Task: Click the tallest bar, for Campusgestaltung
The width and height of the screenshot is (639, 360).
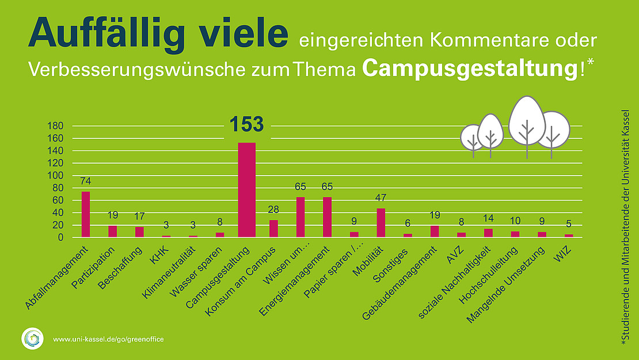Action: point(246,190)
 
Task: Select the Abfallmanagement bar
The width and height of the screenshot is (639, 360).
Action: point(86,214)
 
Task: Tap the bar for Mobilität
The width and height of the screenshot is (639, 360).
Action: point(381,222)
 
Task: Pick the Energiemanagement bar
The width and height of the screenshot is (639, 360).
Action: point(327,217)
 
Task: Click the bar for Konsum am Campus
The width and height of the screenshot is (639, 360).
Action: point(273,228)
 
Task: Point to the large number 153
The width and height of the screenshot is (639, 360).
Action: point(246,124)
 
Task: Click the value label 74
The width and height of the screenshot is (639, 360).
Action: point(86,181)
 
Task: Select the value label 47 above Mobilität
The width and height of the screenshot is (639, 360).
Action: point(381,198)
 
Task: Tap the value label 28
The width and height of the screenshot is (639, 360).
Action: point(273,210)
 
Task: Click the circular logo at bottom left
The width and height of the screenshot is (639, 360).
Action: point(32,339)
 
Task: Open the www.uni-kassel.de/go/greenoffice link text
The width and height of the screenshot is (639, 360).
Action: point(108,339)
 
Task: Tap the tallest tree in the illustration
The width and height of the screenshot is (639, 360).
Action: point(526,122)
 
